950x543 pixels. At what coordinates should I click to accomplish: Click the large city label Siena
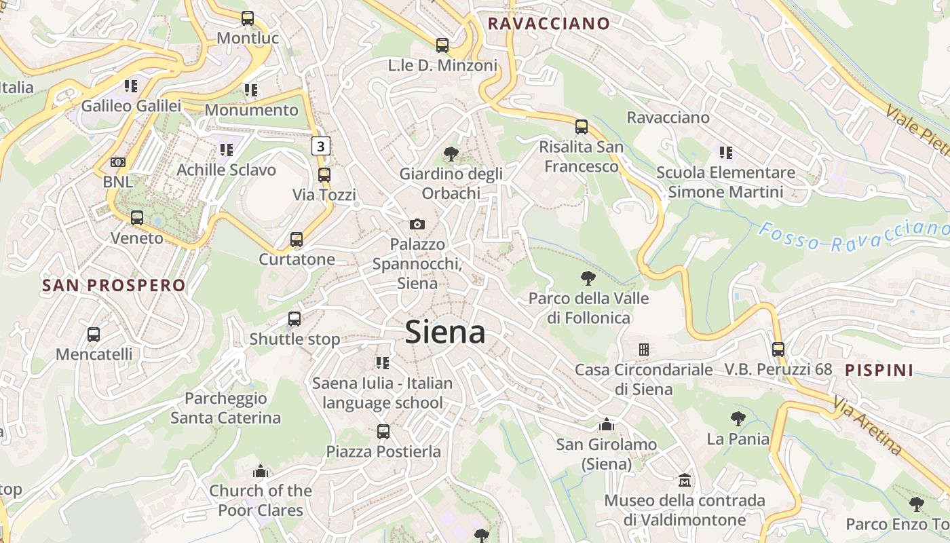(445, 333)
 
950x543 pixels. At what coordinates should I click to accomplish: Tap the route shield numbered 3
(321, 145)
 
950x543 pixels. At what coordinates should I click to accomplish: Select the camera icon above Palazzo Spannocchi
(417, 224)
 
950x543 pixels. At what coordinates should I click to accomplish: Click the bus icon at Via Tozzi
(324, 174)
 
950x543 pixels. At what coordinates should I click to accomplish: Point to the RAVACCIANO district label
(548, 24)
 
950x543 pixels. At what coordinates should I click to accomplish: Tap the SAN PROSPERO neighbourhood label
(114, 285)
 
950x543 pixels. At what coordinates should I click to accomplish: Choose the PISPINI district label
(879, 370)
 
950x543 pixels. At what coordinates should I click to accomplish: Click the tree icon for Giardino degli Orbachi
(450, 154)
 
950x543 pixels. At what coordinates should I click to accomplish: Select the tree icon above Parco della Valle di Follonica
(588, 278)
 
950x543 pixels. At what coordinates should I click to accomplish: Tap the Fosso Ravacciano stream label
(854, 236)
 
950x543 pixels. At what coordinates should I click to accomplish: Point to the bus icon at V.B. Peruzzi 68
(778, 350)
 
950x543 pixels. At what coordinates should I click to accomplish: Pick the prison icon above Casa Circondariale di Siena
(643, 350)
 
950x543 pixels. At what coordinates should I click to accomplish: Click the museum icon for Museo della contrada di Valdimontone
(685, 481)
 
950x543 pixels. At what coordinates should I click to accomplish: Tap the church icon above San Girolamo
(607, 425)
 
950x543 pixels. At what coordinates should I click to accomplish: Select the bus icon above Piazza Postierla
(383, 432)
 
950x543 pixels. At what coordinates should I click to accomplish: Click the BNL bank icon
(118, 162)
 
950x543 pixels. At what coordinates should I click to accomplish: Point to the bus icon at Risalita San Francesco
(582, 127)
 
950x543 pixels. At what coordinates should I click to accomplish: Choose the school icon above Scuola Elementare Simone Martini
(726, 153)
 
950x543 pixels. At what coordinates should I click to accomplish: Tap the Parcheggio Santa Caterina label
(225, 408)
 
